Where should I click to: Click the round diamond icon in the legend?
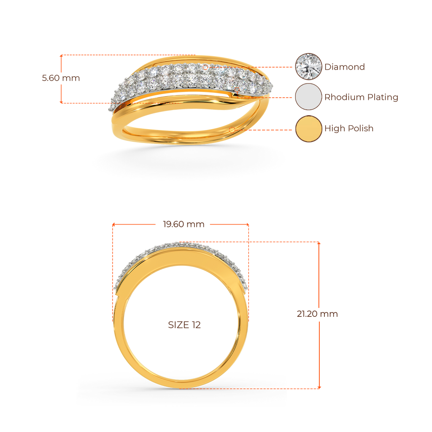pyautogui.click(x=308, y=66)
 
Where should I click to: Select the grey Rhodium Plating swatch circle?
pyautogui.click(x=308, y=97)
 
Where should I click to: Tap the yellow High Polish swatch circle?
pyautogui.click(x=308, y=128)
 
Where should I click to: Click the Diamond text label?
pyautogui.click(x=344, y=67)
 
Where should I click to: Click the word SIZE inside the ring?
pyautogui.click(x=178, y=325)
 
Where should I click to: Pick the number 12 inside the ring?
pyautogui.click(x=196, y=325)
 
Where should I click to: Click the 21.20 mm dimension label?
pyautogui.click(x=317, y=314)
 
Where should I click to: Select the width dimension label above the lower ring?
pyautogui.click(x=184, y=224)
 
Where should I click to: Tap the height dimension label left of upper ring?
pyautogui.click(x=61, y=78)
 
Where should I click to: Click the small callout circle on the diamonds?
pyautogui.click(x=205, y=67)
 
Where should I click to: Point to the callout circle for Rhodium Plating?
pyautogui.click(x=237, y=89)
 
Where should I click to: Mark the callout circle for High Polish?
pyautogui.click(x=232, y=129)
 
